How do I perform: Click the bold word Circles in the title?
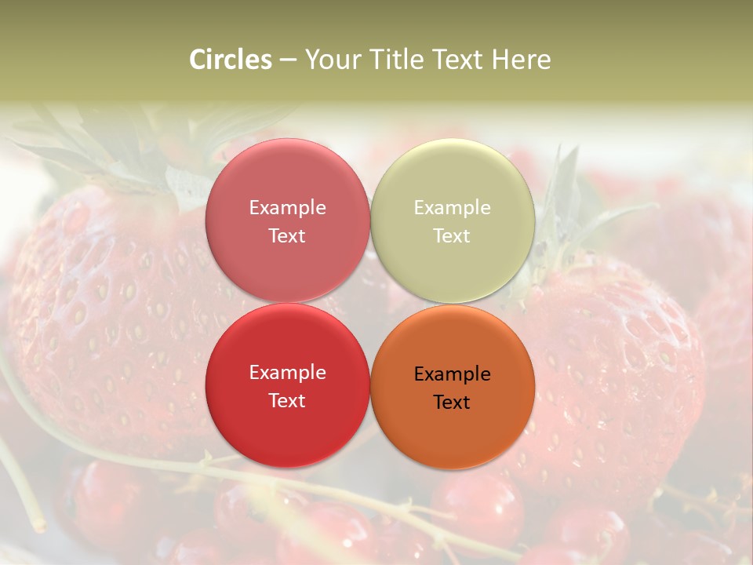[230, 60]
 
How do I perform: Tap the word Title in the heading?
[395, 60]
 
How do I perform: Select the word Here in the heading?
[521, 60]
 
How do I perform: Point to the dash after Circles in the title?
[288, 60]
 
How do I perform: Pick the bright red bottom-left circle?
[287, 425]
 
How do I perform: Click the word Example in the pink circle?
[287, 208]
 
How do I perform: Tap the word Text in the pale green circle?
[452, 236]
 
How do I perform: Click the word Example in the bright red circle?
[287, 373]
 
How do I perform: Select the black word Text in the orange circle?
[452, 403]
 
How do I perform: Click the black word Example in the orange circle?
[453, 374]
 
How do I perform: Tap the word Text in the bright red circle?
[287, 401]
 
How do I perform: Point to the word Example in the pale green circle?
[453, 208]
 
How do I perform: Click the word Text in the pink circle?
[287, 236]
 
